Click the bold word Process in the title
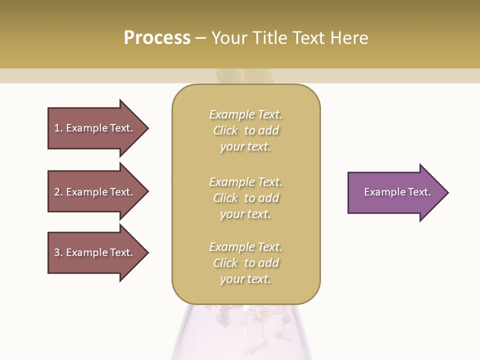pos(157,38)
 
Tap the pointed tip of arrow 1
pos(147,128)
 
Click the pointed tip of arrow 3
pos(147,252)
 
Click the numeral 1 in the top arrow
pos(57,128)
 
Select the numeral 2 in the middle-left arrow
pos(57,192)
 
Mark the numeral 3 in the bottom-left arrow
pos(57,252)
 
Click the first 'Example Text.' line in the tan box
pos(245,114)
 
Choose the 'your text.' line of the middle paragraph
pos(245,214)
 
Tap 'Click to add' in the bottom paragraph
pos(245,263)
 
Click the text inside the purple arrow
pos(397,192)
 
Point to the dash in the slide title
pos(200,38)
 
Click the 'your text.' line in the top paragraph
pos(245,147)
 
